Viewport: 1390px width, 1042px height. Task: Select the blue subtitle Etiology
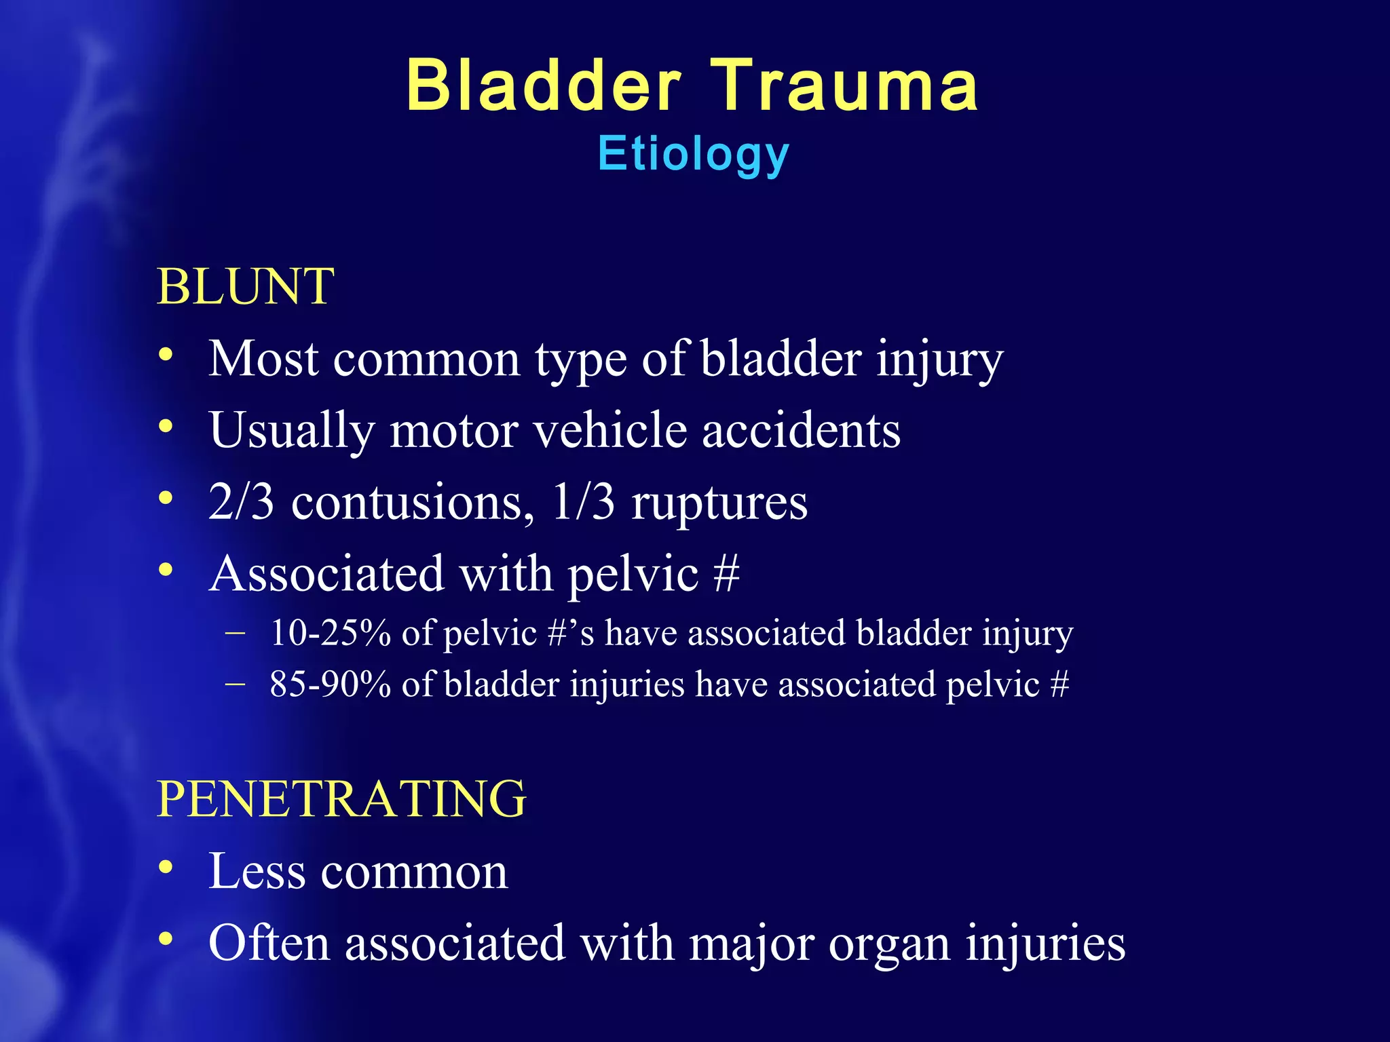[x=694, y=155]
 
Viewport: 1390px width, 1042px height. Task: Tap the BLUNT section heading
[x=245, y=286]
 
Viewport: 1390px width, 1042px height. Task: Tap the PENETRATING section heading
[x=341, y=798]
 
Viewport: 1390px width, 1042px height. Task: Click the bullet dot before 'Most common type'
[x=166, y=355]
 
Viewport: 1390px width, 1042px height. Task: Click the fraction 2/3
[x=242, y=502]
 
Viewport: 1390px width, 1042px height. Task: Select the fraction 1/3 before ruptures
[x=584, y=502]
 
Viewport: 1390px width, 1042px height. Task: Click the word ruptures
[x=719, y=503]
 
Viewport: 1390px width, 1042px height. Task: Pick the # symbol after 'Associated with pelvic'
[x=726, y=574]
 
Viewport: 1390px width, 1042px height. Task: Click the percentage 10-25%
[x=331, y=633]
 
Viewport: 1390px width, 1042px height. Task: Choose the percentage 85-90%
[x=331, y=684]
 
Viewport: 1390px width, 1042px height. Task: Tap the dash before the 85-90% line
[x=235, y=684]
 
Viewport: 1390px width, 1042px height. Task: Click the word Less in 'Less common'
[x=257, y=871]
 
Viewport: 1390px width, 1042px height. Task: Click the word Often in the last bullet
[x=269, y=943]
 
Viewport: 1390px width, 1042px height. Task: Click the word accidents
[x=801, y=430]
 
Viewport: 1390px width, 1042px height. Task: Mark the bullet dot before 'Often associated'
[x=166, y=939]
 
